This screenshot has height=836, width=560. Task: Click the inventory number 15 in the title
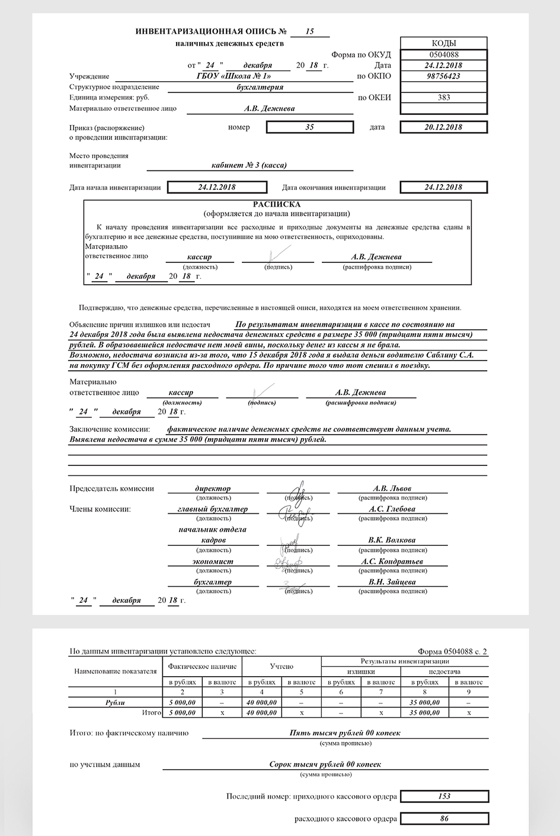tap(309, 31)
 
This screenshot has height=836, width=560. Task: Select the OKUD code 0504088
tap(444, 54)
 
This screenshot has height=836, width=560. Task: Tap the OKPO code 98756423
tap(444, 76)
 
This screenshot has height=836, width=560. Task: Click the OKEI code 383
tap(444, 98)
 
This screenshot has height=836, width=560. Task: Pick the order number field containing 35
tap(309, 127)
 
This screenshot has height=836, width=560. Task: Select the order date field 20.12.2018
tap(444, 127)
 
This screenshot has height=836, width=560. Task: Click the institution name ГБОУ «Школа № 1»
tap(233, 76)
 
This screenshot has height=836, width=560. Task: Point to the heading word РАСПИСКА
tap(277, 204)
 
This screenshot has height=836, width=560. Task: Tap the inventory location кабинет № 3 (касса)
tap(249, 166)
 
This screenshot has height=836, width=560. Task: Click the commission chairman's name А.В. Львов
tap(388, 489)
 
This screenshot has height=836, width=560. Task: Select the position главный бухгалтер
tap(213, 509)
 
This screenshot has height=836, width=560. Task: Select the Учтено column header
tap(281, 667)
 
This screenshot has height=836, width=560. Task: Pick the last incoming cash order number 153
tap(444, 796)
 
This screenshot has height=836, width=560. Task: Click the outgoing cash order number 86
tap(444, 819)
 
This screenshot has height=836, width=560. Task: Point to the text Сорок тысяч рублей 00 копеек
tap(325, 764)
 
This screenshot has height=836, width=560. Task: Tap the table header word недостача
tap(444, 672)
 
